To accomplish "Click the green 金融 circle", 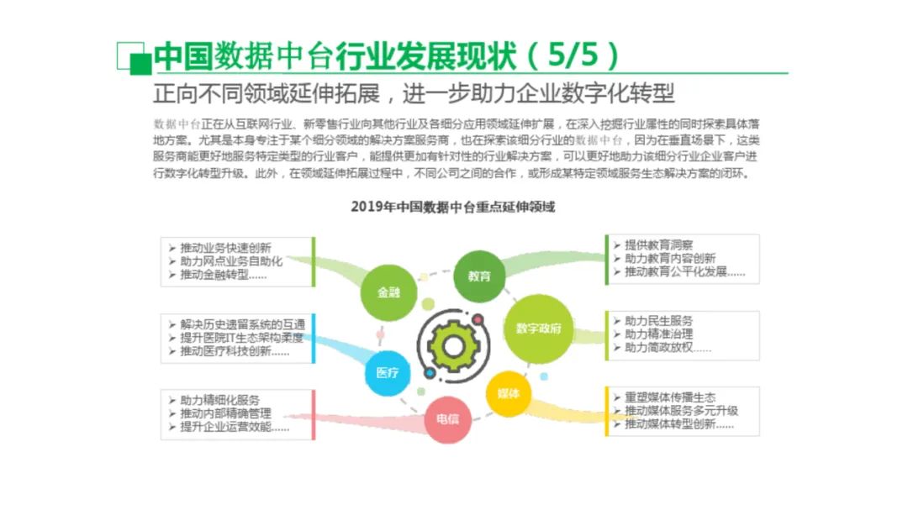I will click(x=388, y=292).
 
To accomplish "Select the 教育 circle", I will click(x=479, y=276).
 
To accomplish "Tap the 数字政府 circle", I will click(x=538, y=328).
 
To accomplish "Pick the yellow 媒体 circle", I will click(x=509, y=393).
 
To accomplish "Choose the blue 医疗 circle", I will click(x=388, y=372).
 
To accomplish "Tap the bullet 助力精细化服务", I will click(x=219, y=400).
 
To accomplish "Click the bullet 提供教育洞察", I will click(x=658, y=245).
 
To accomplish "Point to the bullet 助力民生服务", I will click(x=658, y=321).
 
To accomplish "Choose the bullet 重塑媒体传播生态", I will click(x=670, y=397).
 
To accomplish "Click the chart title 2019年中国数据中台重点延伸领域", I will click(x=453, y=207).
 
